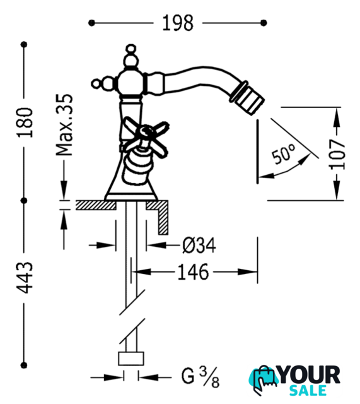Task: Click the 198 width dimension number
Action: [x=178, y=23]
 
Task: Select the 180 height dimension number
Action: [x=25, y=122]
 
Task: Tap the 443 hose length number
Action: [x=25, y=278]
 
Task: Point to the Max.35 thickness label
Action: [x=64, y=125]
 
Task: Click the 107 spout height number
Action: [x=337, y=154]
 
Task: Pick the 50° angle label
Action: [x=284, y=154]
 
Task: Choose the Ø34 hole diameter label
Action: [x=199, y=246]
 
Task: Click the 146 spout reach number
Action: [x=193, y=272]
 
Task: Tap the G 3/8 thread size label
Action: [x=200, y=377]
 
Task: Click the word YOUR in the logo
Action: [x=310, y=375]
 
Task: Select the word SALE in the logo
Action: [x=308, y=390]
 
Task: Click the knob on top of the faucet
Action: [x=131, y=56]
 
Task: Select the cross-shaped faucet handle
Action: [x=146, y=137]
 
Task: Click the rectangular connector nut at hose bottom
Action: [x=131, y=359]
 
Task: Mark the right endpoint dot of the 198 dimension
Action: [x=264, y=23]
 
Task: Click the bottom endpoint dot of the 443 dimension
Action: [x=24, y=365]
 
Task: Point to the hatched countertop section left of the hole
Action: [x=96, y=205]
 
